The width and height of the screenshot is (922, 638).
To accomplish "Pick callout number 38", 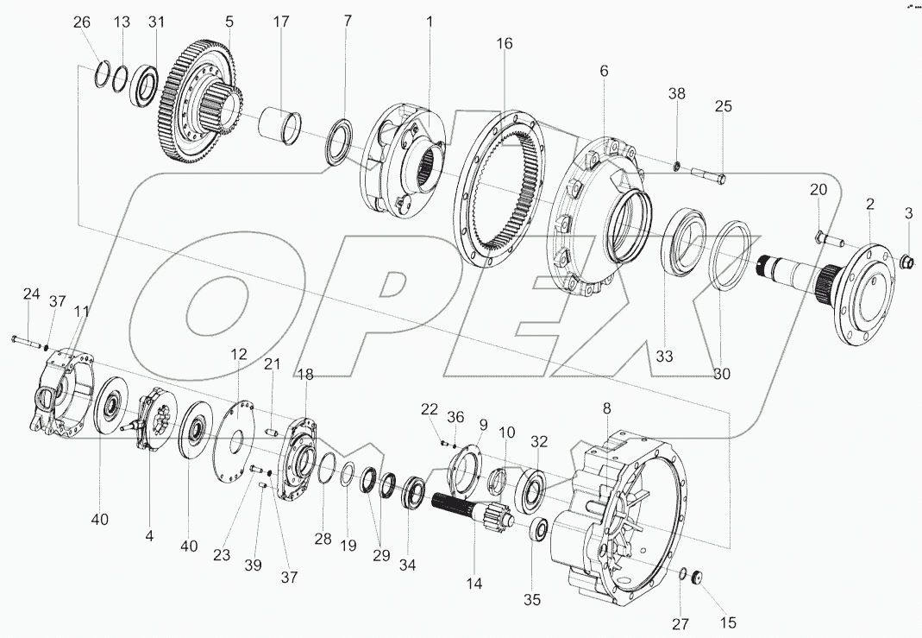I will pos(677,94).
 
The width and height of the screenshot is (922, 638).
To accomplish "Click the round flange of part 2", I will pos(867,293).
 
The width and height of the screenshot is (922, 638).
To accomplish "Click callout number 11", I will pos(79,310).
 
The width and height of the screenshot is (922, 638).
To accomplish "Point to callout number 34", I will pos(407,565).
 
